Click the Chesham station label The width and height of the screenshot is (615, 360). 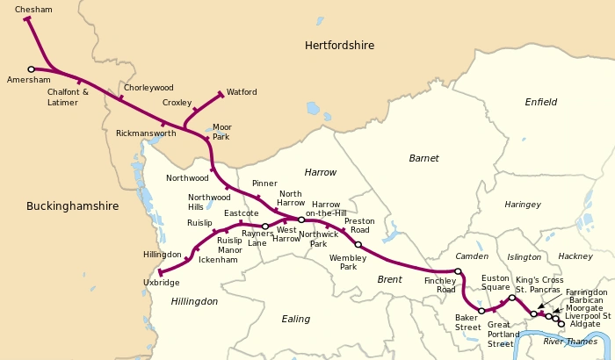point(33,10)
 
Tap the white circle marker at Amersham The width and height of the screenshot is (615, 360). point(32,68)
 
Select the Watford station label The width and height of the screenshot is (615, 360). point(242,91)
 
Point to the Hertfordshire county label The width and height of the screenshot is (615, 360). point(339,45)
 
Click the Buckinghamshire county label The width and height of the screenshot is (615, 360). point(72,206)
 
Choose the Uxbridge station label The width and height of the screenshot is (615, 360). point(161,283)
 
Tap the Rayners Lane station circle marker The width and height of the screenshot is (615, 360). point(265,227)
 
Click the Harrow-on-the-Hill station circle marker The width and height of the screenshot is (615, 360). point(301,220)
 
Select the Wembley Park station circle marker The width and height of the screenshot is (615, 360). point(358,245)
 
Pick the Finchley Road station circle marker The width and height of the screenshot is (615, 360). point(458,271)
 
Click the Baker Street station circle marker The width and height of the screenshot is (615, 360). point(481,311)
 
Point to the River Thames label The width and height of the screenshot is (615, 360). point(570,342)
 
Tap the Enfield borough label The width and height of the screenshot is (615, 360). point(541,102)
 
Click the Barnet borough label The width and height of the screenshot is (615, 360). point(423,158)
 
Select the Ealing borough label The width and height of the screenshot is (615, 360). point(296,319)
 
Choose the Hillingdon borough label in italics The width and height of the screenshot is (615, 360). point(194,301)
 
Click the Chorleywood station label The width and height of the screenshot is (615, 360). point(148,88)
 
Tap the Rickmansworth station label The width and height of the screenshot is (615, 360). point(146,133)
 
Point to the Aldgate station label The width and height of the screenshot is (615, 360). point(585,324)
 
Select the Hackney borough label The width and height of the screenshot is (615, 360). point(575,256)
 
